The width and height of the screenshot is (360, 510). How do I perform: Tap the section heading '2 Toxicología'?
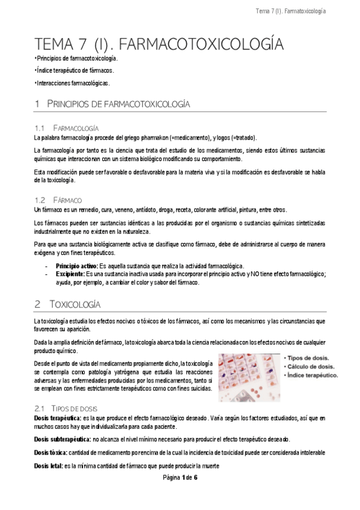point(68,304)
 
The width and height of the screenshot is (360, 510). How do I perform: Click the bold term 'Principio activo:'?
point(77,265)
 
